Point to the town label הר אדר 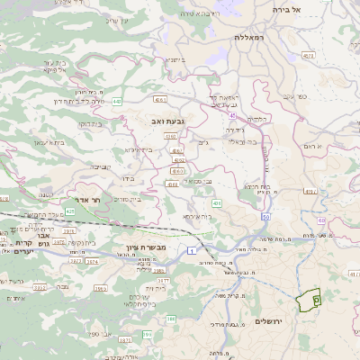(90, 202)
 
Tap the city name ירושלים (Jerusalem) (271, 321)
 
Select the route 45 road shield (233, 115)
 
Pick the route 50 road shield (266, 217)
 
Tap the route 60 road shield (321, 220)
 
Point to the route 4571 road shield (310, 56)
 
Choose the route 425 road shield (69, 211)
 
